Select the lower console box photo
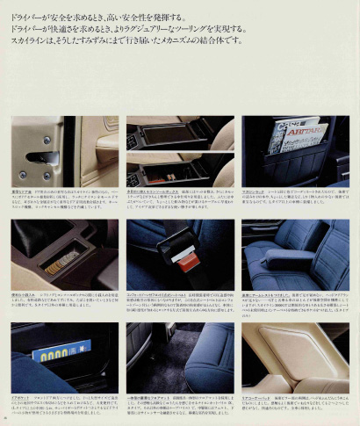click(x=179, y=166)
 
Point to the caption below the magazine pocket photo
click(x=295, y=199)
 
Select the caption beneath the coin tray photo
click(x=63, y=304)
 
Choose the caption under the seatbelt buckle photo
click(x=179, y=304)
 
